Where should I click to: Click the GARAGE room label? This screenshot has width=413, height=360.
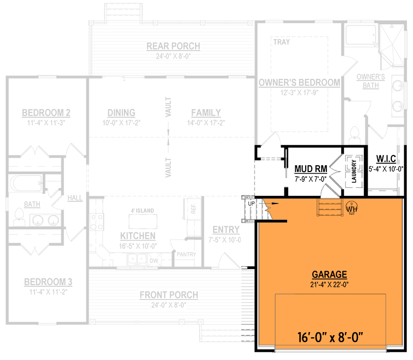[329, 274]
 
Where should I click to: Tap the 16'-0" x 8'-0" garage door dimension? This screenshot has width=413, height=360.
[331, 338]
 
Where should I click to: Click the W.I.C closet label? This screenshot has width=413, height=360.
[386, 158]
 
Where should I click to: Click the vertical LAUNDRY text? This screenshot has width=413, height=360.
[354, 171]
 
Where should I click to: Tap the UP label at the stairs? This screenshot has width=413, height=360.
[251, 202]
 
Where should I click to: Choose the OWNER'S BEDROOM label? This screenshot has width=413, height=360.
[299, 82]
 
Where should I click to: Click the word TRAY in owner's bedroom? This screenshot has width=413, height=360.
[281, 42]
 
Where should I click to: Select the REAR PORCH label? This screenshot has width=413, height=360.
[173, 46]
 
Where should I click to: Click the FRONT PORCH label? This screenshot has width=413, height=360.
[169, 295]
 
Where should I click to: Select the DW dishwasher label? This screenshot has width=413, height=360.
[153, 261]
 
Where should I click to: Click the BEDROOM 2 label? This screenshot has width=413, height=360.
[46, 113]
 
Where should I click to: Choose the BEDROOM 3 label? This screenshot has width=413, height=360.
[48, 282]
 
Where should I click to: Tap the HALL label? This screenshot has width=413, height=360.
[75, 197]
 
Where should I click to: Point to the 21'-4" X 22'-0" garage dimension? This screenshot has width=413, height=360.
[329, 284]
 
